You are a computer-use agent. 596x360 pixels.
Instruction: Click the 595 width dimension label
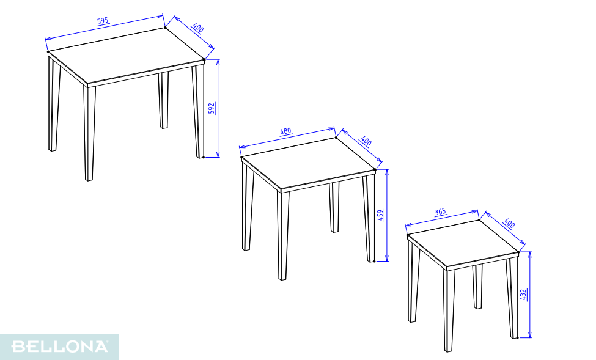[x=103, y=21]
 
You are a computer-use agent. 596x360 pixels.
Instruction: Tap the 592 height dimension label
[x=212, y=108]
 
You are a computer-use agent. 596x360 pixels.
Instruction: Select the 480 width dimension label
[x=285, y=131]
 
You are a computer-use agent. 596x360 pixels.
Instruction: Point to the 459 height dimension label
[x=380, y=215]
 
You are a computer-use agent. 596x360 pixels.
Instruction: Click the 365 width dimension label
[x=440, y=211]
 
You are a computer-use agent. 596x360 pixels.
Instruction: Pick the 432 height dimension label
[x=523, y=295]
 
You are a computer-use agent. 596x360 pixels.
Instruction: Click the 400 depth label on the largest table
[x=198, y=28]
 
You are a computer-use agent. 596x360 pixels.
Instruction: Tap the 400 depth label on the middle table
[x=366, y=141]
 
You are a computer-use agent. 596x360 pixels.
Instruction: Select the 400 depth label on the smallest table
[x=509, y=224]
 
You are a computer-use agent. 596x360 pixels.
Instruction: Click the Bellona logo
[x=60, y=347]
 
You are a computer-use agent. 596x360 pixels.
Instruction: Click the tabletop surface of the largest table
[x=126, y=55]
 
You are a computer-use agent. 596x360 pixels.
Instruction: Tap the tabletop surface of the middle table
[x=308, y=163]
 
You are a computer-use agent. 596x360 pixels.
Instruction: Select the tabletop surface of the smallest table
[x=463, y=243]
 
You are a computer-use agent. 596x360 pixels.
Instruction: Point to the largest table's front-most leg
[x=89, y=133]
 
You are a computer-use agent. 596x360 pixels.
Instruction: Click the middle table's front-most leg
[x=283, y=236]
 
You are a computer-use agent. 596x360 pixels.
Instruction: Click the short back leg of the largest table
[x=163, y=100]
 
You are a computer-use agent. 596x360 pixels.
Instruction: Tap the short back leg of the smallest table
[x=477, y=287]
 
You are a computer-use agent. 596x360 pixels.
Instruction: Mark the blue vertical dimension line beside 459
[x=387, y=215]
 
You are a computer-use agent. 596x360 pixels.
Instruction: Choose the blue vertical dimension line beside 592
[x=218, y=108]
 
